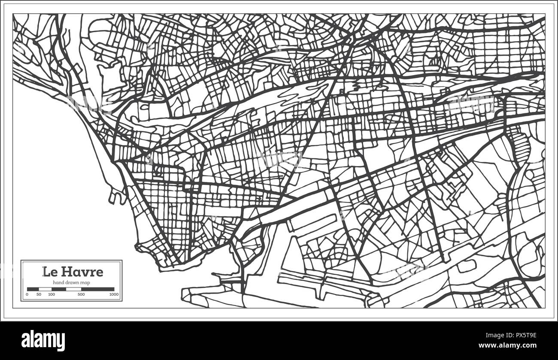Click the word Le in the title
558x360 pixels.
tap(48, 272)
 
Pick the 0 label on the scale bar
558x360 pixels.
tap(27, 294)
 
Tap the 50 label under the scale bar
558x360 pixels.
tap(39, 294)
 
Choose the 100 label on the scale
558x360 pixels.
tap(52, 294)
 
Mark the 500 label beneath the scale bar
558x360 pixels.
tap(81, 294)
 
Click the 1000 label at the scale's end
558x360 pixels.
tap(114, 294)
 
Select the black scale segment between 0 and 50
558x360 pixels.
tap(33, 289)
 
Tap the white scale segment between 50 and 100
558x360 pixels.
tap(45, 289)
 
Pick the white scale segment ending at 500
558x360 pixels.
tap(73, 289)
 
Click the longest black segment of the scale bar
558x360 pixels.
tap(97, 289)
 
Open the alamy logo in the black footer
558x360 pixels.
tap(43, 341)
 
